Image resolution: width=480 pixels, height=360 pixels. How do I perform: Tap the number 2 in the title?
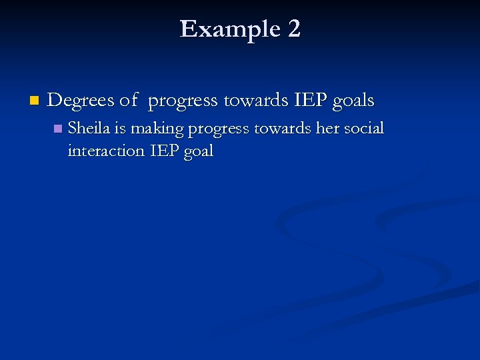294,29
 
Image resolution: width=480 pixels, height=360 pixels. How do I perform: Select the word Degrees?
81,101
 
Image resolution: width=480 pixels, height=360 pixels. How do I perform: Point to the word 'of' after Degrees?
129,101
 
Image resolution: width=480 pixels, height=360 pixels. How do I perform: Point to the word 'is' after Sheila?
120,127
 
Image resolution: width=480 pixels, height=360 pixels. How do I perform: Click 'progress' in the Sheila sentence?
217,129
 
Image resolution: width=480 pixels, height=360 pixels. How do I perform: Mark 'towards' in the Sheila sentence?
281,127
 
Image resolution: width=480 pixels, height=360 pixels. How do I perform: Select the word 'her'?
328,127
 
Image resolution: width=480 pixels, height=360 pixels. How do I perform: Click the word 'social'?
365,127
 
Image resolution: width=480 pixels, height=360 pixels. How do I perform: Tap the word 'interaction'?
105,151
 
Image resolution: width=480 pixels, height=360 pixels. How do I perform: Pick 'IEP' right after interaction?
164,151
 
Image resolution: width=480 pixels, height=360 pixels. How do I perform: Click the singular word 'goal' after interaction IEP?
199,152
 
